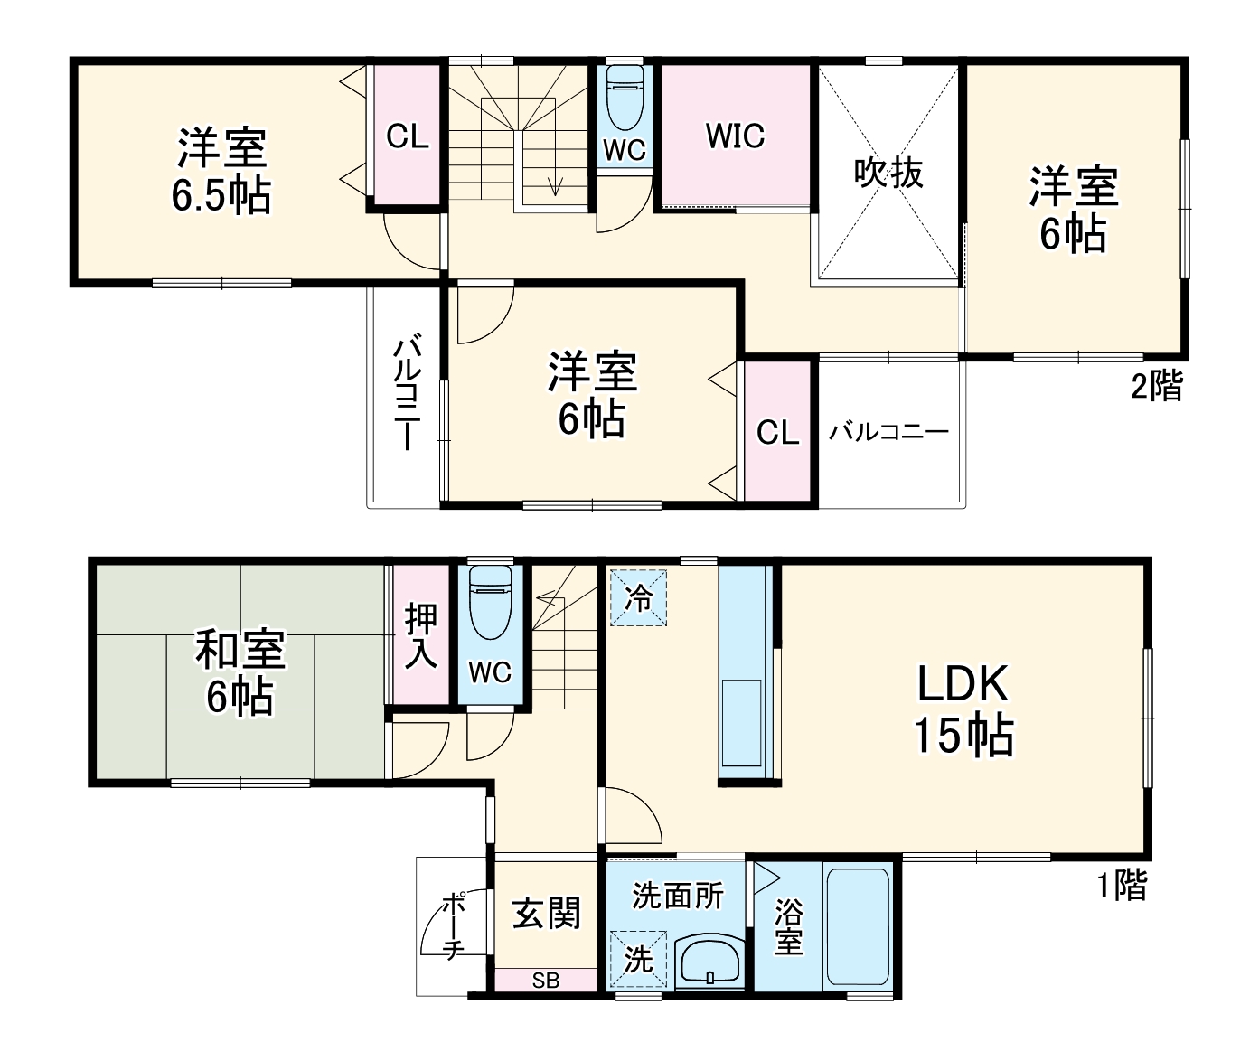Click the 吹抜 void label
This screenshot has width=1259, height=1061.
pyautogui.click(x=888, y=172)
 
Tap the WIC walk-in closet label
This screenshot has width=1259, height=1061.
pyautogui.click(x=735, y=136)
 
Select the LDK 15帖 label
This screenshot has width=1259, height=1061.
pyautogui.click(x=963, y=709)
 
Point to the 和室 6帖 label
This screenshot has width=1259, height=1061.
pyautogui.click(x=240, y=673)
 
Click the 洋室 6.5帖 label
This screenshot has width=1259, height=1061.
pyautogui.click(x=221, y=172)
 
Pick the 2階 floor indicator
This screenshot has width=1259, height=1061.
pyautogui.click(x=1156, y=387)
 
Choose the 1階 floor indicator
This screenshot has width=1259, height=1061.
pyautogui.click(x=1122, y=885)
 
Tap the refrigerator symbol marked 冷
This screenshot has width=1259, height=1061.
pyautogui.click(x=638, y=597)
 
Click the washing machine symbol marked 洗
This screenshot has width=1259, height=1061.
pyautogui.click(x=638, y=959)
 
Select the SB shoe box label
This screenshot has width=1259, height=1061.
pyautogui.click(x=545, y=981)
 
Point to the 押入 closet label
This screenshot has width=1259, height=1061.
pyautogui.click(x=420, y=636)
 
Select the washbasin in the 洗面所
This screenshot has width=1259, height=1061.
pyautogui.click(x=709, y=963)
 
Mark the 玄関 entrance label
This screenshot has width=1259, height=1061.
pyautogui.click(x=546, y=914)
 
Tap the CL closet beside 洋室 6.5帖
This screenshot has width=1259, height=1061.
pyautogui.click(x=407, y=136)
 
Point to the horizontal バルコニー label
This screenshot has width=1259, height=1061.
pyautogui.click(x=889, y=431)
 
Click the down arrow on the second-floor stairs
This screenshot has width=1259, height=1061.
pyautogui.click(x=554, y=184)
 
